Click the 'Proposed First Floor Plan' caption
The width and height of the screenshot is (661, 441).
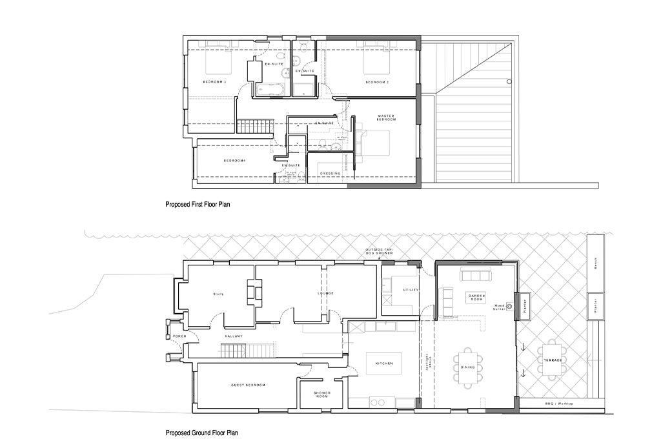[x=198, y=204]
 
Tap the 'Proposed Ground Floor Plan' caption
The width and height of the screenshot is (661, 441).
[x=201, y=433]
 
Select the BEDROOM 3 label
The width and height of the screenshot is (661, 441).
[x=214, y=82]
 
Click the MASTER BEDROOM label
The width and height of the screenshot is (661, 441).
[x=387, y=118]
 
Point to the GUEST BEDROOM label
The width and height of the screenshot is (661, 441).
[x=248, y=385]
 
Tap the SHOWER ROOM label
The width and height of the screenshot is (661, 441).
[x=322, y=395]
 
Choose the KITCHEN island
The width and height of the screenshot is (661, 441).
[x=384, y=364]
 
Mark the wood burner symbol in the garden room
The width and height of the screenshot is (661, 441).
[x=509, y=308]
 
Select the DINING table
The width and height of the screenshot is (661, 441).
[x=468, y=367]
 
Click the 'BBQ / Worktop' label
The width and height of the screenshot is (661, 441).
[x=560, y=404]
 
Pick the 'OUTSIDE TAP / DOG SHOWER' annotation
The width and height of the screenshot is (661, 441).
[x=379, y=252]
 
